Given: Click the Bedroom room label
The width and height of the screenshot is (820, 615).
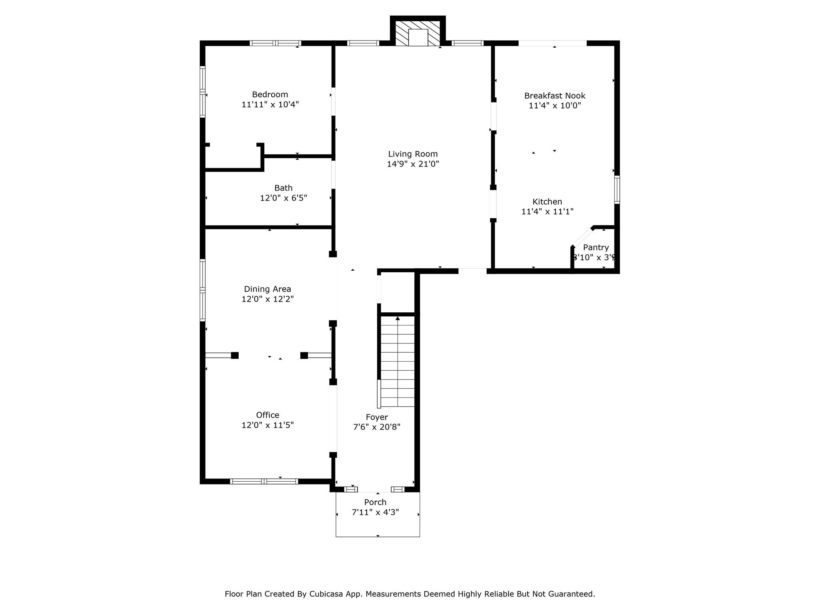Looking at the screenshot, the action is (x=270, y=94).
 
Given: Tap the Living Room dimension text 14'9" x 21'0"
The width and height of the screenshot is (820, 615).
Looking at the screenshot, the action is (x=413, y=164).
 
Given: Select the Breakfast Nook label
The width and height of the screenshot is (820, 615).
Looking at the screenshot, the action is (x=555, y=96).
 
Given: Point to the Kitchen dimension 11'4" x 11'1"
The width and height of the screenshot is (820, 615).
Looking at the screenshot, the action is (x=547, y=211).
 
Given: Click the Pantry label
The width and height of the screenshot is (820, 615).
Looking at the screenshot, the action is (x=596, y=247).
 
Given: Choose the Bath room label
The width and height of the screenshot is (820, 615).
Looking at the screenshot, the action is (x=283, y=188).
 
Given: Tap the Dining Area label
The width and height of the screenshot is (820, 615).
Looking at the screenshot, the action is (x=267, y=289).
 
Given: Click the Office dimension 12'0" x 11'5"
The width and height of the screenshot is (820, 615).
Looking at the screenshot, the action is (x=267, y=425).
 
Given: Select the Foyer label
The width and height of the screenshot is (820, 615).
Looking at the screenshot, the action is (x=377, y=417).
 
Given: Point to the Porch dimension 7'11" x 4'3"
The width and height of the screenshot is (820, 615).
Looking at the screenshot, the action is (x=375, y=512).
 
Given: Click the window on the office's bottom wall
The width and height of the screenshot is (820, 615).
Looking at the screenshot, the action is (x=264, y=481).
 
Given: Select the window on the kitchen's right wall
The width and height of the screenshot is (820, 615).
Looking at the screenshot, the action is (x=617, y=190).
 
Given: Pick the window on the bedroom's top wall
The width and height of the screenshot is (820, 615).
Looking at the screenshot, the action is (x=275, y=43).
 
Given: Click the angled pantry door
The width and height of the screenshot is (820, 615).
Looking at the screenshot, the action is (x=583, y=237).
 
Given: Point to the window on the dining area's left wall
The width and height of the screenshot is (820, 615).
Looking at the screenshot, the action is (x=203, y=290).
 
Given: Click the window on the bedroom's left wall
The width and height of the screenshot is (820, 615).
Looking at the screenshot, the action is (x=203, y=92).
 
